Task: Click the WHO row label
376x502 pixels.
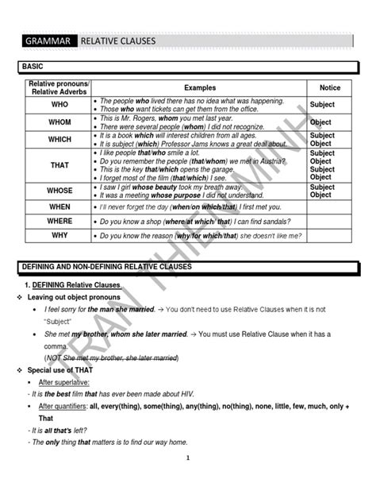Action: [60, 104]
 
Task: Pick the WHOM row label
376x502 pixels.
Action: [60, 122]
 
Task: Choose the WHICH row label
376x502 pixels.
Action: [60, 139]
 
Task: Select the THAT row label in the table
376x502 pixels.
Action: [60, 165]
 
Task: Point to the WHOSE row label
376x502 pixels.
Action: [60, 191]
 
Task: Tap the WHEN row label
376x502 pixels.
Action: [60, 207]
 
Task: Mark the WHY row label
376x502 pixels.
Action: [60, 235]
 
